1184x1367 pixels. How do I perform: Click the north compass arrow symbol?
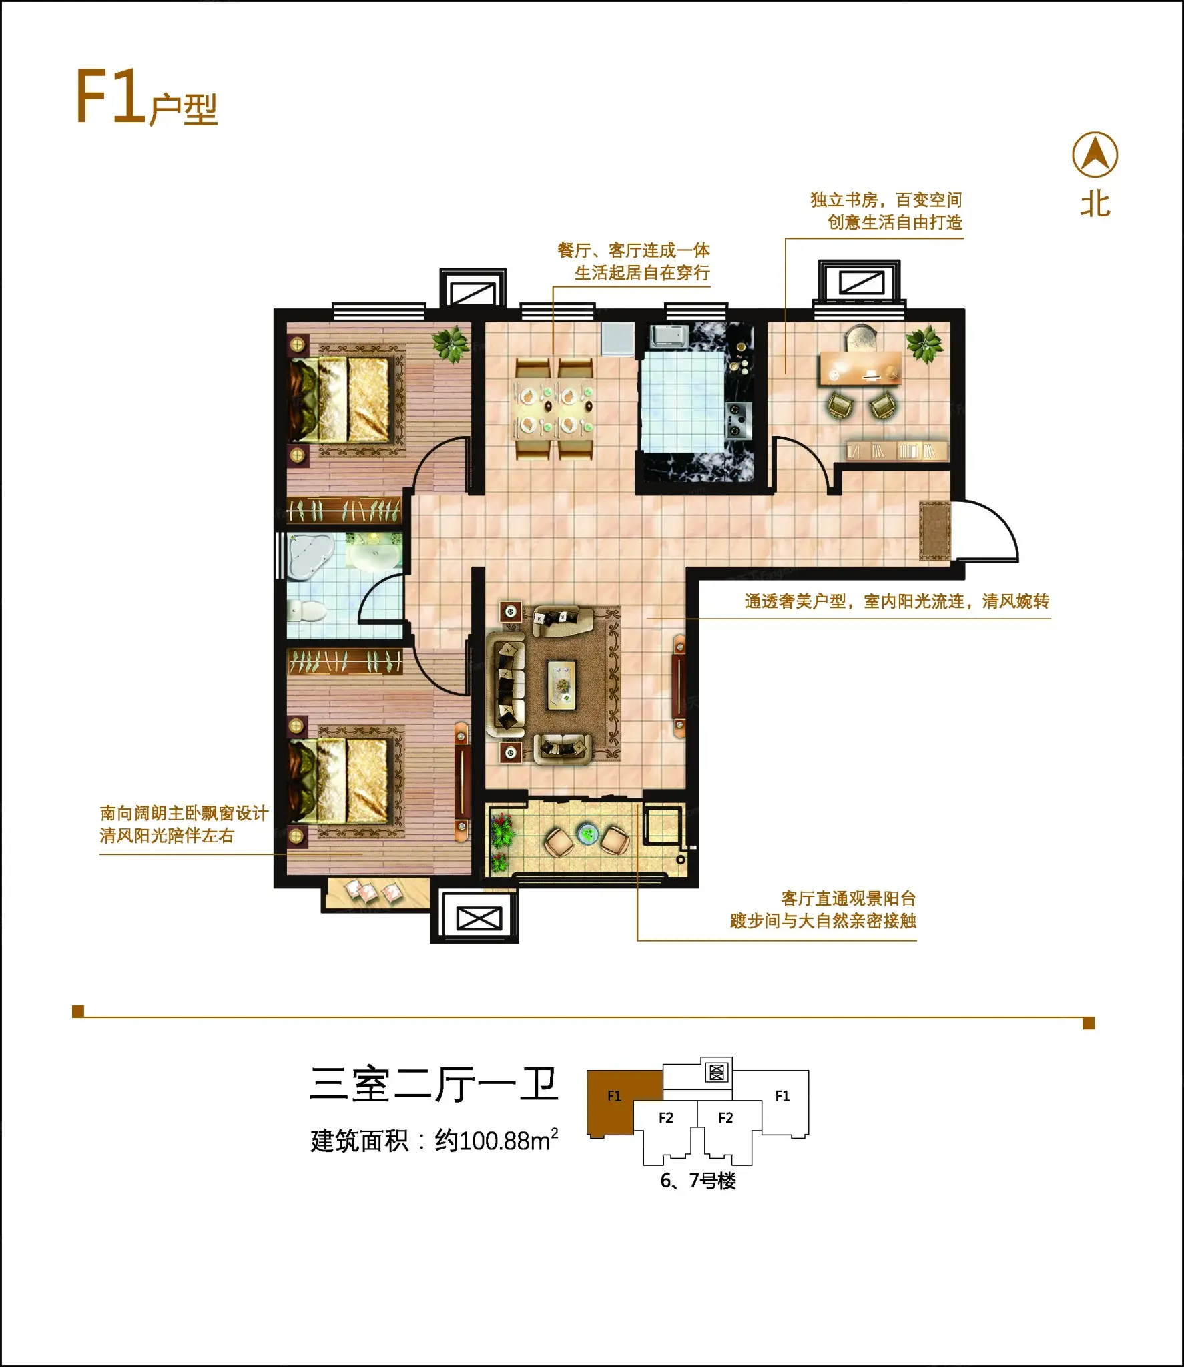click(x=1095, y=155)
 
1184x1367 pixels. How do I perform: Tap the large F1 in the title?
click(x=110, y=97)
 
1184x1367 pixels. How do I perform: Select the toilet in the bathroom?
click(x=306, y=610)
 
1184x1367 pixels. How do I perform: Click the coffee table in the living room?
click(x=562, y=685)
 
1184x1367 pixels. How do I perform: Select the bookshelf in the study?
click(x=896, y=451)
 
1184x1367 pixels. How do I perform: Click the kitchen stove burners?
click(x=738, y=421)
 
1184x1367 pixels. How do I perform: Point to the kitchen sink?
click(x=669, y=336)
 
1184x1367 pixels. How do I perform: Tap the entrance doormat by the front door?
click(x=934, y=531)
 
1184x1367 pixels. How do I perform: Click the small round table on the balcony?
click(x=587, y=833)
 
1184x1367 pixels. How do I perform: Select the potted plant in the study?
click(x=924, y=345)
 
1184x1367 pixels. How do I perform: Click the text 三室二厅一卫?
click(x=434, y=1085)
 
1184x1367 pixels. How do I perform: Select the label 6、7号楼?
click(x=698, y=1181)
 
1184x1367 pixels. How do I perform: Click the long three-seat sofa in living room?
click(x=506, y=685)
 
